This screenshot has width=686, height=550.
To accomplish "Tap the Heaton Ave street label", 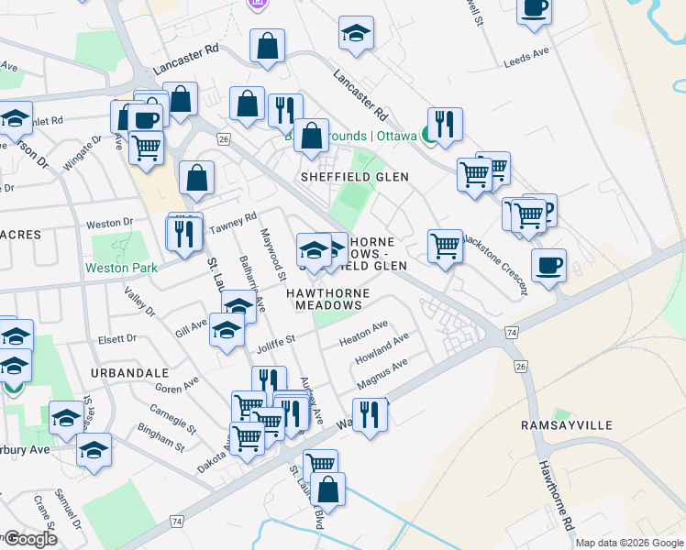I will pos(364,332).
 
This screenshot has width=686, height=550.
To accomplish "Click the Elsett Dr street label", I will pos(116,338).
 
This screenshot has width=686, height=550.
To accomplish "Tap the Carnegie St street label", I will pos(173,417).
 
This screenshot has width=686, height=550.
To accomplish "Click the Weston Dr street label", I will pos(109,223).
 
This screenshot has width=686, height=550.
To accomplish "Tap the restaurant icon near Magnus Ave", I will pos(370,413).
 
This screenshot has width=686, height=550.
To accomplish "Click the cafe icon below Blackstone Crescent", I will pos(548,266).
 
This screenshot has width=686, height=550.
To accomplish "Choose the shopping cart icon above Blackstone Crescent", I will pos(446,246).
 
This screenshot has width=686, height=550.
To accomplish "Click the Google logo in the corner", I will pos(30,540).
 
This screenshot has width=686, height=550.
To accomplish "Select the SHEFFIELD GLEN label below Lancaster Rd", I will pos(355,175).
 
